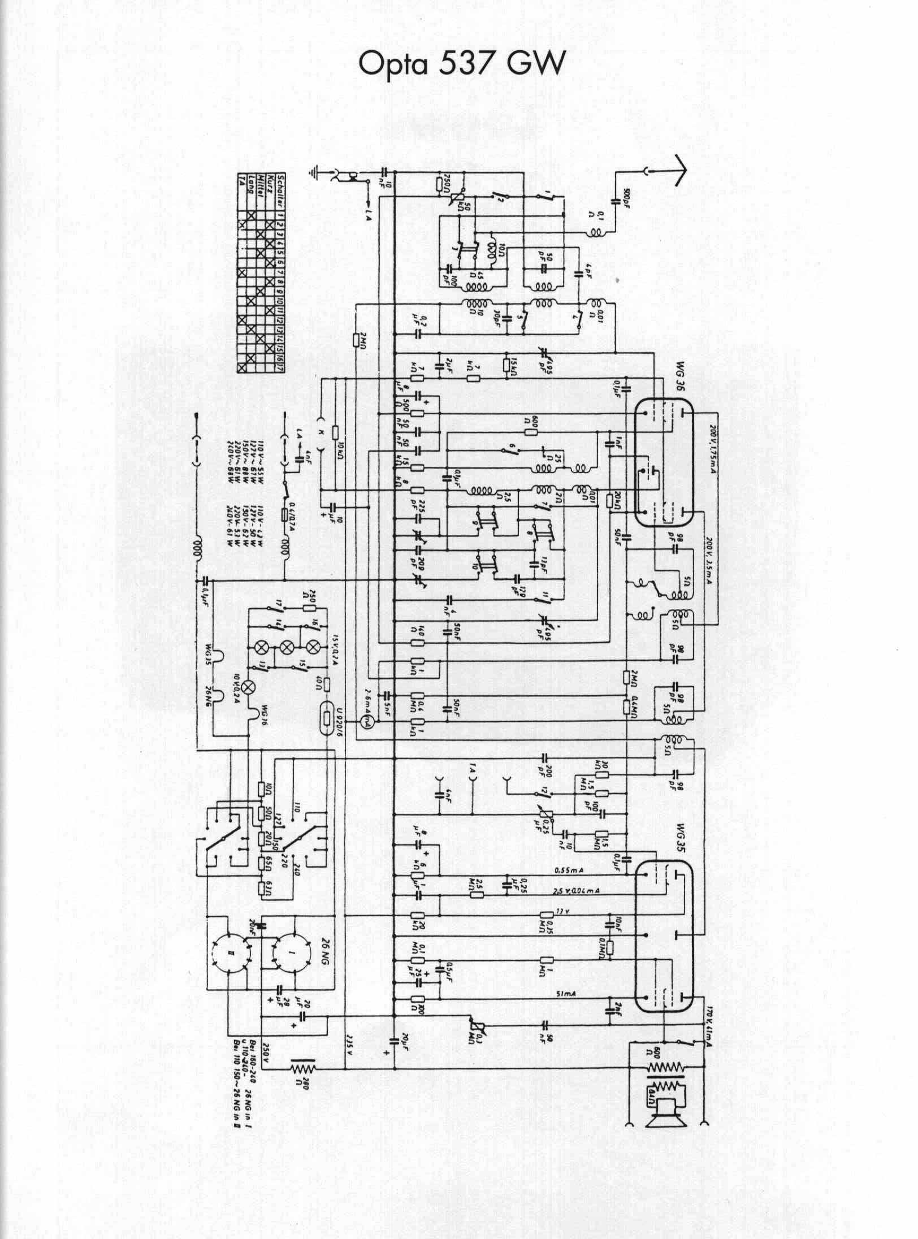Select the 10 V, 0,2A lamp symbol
pyautogui.click(x=248, y=687)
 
